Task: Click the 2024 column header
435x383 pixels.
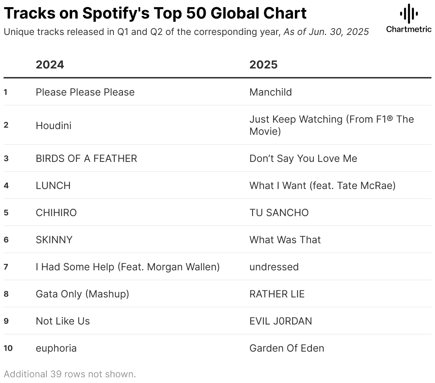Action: click(x=50, y=65)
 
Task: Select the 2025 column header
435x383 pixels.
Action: click(x=263, y=65)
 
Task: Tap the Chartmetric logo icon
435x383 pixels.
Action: click(x=409, y=14)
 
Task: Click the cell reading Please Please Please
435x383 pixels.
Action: click(x=85, y=92)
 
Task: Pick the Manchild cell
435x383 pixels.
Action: click(x=271, y=92)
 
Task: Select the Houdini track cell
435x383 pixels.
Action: click(x=53, y=126)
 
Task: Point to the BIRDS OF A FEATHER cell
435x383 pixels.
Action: click(x=86, y=158)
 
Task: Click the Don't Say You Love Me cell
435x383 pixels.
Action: click(x=303, y=158)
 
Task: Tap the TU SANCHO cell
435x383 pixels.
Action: click(x=279, y=213)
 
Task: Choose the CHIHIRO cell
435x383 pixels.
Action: click(x=56, y=213)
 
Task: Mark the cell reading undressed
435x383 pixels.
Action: click(x=274, y=267)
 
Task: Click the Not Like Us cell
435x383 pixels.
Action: click(x=63, y=321)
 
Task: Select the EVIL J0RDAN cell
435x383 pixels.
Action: click(x=281, y=321)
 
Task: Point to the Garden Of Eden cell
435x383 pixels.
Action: click(x=287, y=348)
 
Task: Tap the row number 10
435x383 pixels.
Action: click(x=8, y=348)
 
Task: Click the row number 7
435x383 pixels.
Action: click(x=6, y=267)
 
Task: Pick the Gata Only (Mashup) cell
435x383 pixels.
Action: click(x=82, y=294)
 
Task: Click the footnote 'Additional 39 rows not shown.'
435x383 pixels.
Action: click(x=70, y=374)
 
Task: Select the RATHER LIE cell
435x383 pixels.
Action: click(x=277, y=294)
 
